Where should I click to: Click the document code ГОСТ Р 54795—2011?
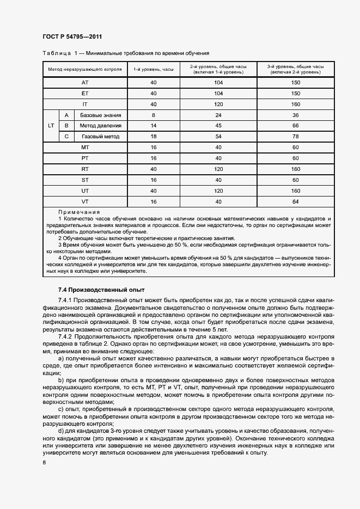[x=72, y=36]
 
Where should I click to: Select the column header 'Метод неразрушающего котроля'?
[x=84, y=69]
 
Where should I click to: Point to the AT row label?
[x=84, y=83]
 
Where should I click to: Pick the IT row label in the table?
[x=84, y=104]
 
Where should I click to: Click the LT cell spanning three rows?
[x=51, y=126]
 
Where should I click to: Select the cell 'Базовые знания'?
[x=100, y=115]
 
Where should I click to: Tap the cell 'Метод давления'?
[x=100, y=126]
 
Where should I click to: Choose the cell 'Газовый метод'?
[x=100, y=137]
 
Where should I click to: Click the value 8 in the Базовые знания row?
[x=154, y=115]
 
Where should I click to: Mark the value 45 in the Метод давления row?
[x=218, y=126]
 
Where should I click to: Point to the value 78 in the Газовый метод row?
[x=296, y=137]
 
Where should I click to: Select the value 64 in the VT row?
[x=296, y=202]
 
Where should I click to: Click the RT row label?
[x=84, y=169]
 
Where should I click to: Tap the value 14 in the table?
[x=154, y=126]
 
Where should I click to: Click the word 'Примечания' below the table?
[x=79, y=212]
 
